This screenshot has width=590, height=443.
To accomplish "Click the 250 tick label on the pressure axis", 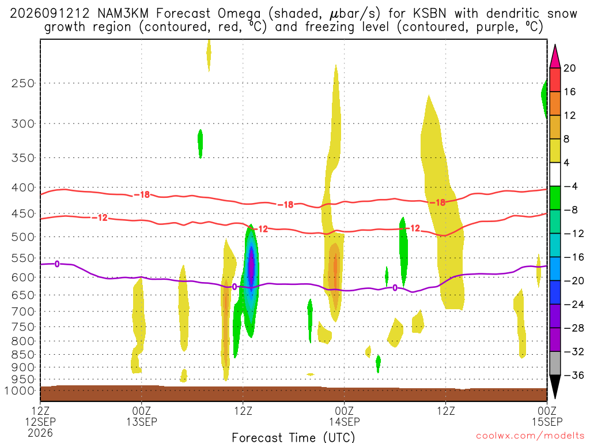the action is coord(23,83).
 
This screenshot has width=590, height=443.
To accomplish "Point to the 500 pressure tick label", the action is coord(23,237).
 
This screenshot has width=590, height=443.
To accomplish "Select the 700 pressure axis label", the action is coord(23,311).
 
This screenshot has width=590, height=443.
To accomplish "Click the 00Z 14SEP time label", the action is coord(345,416).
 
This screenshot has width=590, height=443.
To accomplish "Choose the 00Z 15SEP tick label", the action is coord(547,416).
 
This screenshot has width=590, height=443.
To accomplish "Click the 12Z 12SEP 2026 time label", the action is coord(40,422).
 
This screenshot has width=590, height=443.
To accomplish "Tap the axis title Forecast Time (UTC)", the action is coord(293,437).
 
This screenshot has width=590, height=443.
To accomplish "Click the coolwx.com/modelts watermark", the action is coord(530,436).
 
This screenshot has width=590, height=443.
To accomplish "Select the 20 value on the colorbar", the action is coord(569,68).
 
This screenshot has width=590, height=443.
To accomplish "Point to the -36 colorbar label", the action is coord(574,375).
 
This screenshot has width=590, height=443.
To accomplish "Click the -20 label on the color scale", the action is coord(574,281).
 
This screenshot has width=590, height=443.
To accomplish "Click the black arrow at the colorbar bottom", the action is coord(555,386).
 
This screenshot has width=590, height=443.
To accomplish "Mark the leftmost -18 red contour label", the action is coord(142,195).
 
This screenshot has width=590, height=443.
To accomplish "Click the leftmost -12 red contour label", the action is coord(100,217).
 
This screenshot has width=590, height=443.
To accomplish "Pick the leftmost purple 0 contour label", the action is coord(57,264).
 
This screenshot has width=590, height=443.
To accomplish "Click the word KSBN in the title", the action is coord(429,14).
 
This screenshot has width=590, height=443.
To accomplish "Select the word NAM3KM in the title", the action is coord(123,14).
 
